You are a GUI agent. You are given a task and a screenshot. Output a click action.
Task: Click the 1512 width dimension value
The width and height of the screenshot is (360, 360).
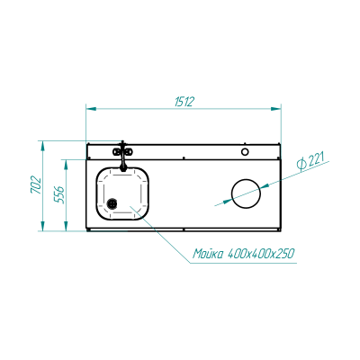184,102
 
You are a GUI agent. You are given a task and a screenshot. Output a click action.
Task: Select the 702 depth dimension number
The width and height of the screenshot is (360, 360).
36,184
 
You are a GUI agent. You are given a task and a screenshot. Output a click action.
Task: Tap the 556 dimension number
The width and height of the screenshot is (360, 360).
59,194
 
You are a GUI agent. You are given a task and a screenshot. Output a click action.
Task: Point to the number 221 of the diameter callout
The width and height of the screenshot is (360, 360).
316,160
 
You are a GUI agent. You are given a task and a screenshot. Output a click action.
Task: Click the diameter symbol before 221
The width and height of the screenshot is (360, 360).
301,166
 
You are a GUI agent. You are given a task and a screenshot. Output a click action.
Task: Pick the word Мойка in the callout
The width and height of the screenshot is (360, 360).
208,254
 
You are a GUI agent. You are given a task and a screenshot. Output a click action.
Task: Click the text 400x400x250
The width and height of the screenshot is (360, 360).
261,254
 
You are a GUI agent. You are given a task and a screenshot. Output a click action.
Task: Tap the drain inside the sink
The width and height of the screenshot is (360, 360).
112,203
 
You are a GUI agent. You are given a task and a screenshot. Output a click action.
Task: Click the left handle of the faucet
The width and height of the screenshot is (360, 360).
117,152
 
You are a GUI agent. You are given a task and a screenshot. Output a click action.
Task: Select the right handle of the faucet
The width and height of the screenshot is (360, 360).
129,152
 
